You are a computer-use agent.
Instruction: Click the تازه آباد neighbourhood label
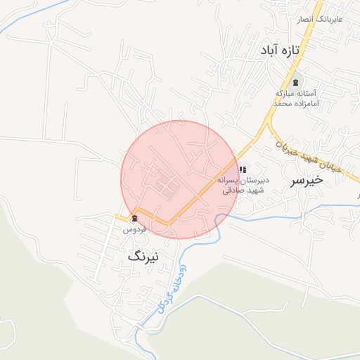[279, 51]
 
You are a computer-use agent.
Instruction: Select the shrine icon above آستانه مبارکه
[295, 83]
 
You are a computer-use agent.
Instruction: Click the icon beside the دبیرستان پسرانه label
[243, 169]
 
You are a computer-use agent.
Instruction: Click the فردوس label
[134, 229]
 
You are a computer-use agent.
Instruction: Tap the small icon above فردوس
[134, 219]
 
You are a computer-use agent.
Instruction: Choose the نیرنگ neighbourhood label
[143, 257]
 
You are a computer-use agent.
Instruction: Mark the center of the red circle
[180, 180]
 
